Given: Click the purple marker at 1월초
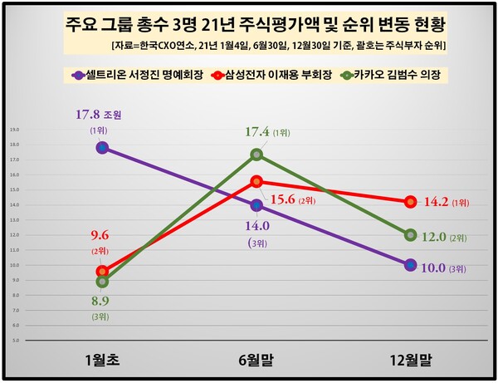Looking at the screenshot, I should click(x=102, y=148).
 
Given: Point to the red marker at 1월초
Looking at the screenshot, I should click(x=102, y=271).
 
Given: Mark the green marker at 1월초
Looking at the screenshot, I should click(x=102, y=282).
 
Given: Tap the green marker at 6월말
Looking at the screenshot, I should click(x=256, y=155).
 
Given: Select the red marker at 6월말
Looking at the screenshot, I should click(x=256, y=181).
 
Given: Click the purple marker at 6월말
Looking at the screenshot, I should click(x=256, y=205).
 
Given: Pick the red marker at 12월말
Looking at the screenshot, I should click(x=410, y=202).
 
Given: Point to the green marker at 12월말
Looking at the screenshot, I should click(x=410, y=235).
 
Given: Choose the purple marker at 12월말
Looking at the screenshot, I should click(x=410, y=265).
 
